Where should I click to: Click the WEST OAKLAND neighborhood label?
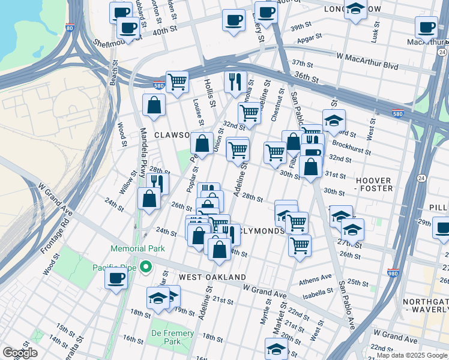pos(212,277)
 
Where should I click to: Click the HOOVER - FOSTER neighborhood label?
pos(374,184)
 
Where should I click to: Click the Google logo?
pos(20,353)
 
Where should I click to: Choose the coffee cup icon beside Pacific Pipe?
pos(116,278)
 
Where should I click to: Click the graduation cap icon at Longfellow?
pos(356,11)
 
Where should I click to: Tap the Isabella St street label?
pos(318,292)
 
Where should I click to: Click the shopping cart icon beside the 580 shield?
pos(177,82)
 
